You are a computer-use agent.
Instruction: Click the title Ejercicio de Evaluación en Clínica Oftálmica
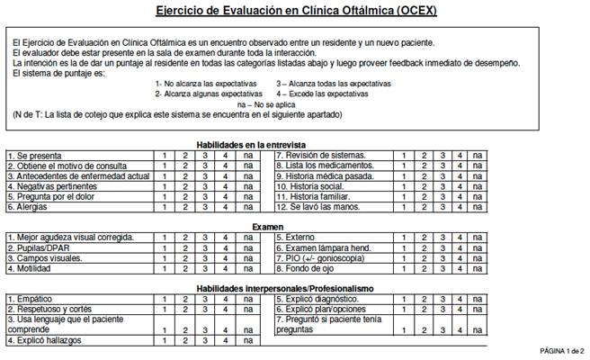click(x=295, y=12)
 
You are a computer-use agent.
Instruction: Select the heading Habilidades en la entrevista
click(x=251, y=145)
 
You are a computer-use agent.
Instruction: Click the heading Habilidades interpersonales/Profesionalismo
click(x=285, y=289)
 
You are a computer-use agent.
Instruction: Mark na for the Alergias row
click(x=247, y=207)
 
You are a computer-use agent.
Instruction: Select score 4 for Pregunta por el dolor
click(x=225, y=197)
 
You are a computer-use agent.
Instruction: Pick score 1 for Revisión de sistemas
click(x=403, y=156)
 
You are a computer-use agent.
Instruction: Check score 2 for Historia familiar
click(x=424, y=197)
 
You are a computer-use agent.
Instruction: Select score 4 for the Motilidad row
click(x=225, y=269)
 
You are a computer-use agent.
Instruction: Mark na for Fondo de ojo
click(x=477, y=269)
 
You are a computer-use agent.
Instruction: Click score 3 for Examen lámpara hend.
click(x=442, y=248)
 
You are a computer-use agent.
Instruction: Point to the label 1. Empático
click(x=31, y=300)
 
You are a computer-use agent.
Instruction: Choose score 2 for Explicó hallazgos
click(x=183, y=341)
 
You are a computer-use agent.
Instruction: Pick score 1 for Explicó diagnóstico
click(x=403, y=300)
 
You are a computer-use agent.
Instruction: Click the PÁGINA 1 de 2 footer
click(x=562, y=350)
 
